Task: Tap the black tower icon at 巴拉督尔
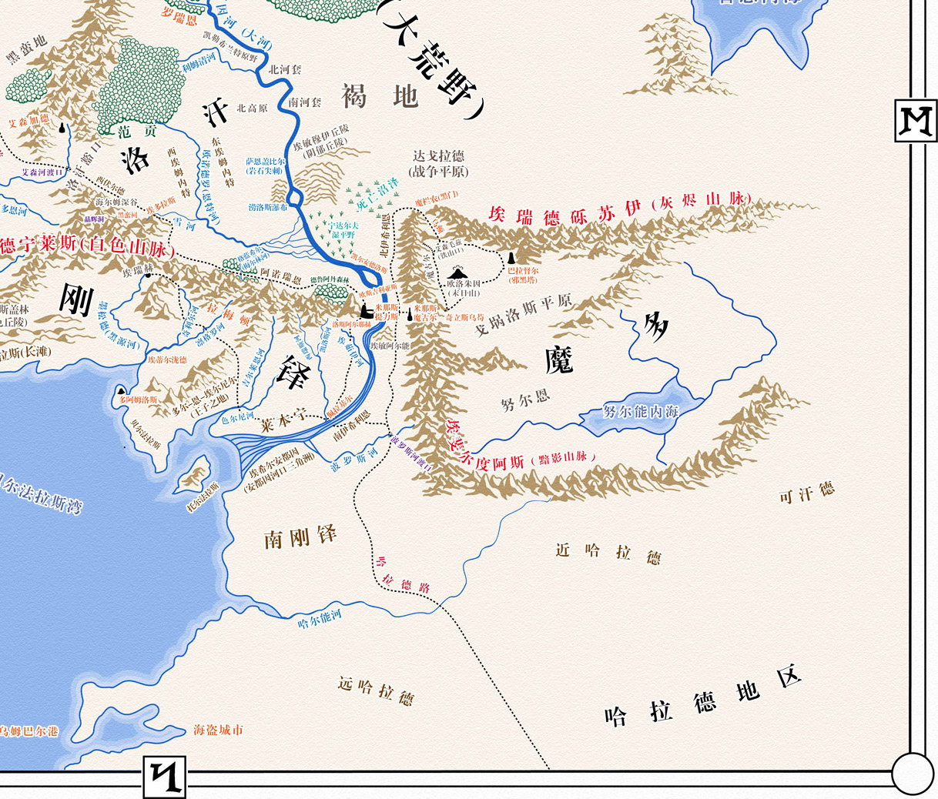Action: [511, 258]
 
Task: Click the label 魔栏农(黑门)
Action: [437, 199]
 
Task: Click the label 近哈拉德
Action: [608, 553]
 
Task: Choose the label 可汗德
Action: [806, 493]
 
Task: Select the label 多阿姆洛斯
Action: [138, 399]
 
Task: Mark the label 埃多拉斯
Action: [161, 203]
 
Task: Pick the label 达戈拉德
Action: [437, 156]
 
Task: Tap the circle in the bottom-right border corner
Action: [912, 772]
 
